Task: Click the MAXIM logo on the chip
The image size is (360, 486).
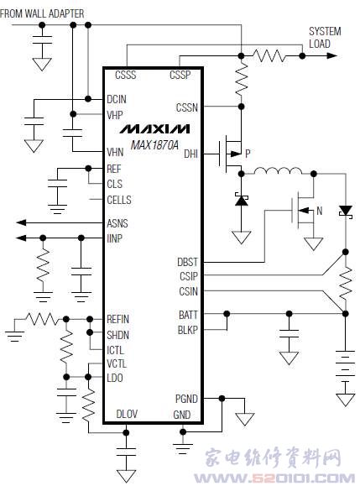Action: point(155,128)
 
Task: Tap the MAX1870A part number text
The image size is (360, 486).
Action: point(154,144)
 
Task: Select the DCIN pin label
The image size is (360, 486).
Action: point(117,99)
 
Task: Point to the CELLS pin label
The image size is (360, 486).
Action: point(119,200)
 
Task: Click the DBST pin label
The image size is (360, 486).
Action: point(187,262)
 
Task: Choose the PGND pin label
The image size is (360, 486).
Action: point(186,399)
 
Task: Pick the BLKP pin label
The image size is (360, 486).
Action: point(187,330)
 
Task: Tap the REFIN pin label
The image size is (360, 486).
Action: point(117,319)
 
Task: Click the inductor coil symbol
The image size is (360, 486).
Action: point(278,170)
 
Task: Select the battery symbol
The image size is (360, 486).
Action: point(345,363)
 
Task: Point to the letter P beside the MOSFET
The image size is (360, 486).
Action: point(248,153)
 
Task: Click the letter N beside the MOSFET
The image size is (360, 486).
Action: point(320,211)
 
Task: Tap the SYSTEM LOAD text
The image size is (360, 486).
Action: point(325,38)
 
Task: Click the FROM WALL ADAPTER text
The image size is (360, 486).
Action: point(42,13)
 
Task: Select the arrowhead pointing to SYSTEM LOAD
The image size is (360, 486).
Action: point(331,55)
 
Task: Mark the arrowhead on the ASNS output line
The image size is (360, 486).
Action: point(21,222)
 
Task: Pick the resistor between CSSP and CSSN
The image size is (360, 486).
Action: point(241,80)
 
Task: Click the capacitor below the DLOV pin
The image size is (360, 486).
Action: point(126,452)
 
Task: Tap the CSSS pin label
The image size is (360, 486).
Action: point(126,75)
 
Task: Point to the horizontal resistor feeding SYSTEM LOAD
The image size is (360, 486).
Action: point(269,55)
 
